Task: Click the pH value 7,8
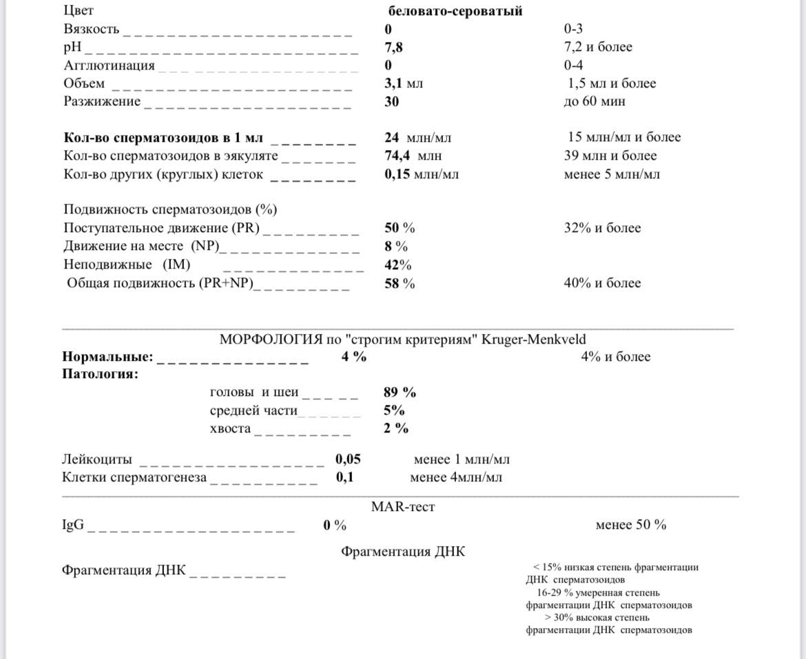[x=394, y=48]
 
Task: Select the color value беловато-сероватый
[x=455, y=11]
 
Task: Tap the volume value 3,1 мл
[x=404, y=83]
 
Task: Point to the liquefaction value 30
[x=391, y=101]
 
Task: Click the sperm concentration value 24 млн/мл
[x=417, y=137]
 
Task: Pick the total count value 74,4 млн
[x=413, y=156]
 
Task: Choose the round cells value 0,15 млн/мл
[x=421, y=174]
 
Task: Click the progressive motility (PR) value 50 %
[x=400, y=228]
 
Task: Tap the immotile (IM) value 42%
[x=397, y=265]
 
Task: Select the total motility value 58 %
[x=400, y=283]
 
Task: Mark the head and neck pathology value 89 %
[x=400, y=393]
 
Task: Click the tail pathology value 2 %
[x=396, y=428]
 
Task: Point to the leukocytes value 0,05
[x=348, y=459]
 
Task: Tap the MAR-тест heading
[x=403, y=508]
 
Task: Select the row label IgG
[x=73, y=525]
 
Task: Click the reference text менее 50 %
[x=630, y=525]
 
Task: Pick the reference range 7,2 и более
[x=597, y=48]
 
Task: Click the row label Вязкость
[x=91, y=30]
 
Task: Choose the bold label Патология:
[x=99, y=375]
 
